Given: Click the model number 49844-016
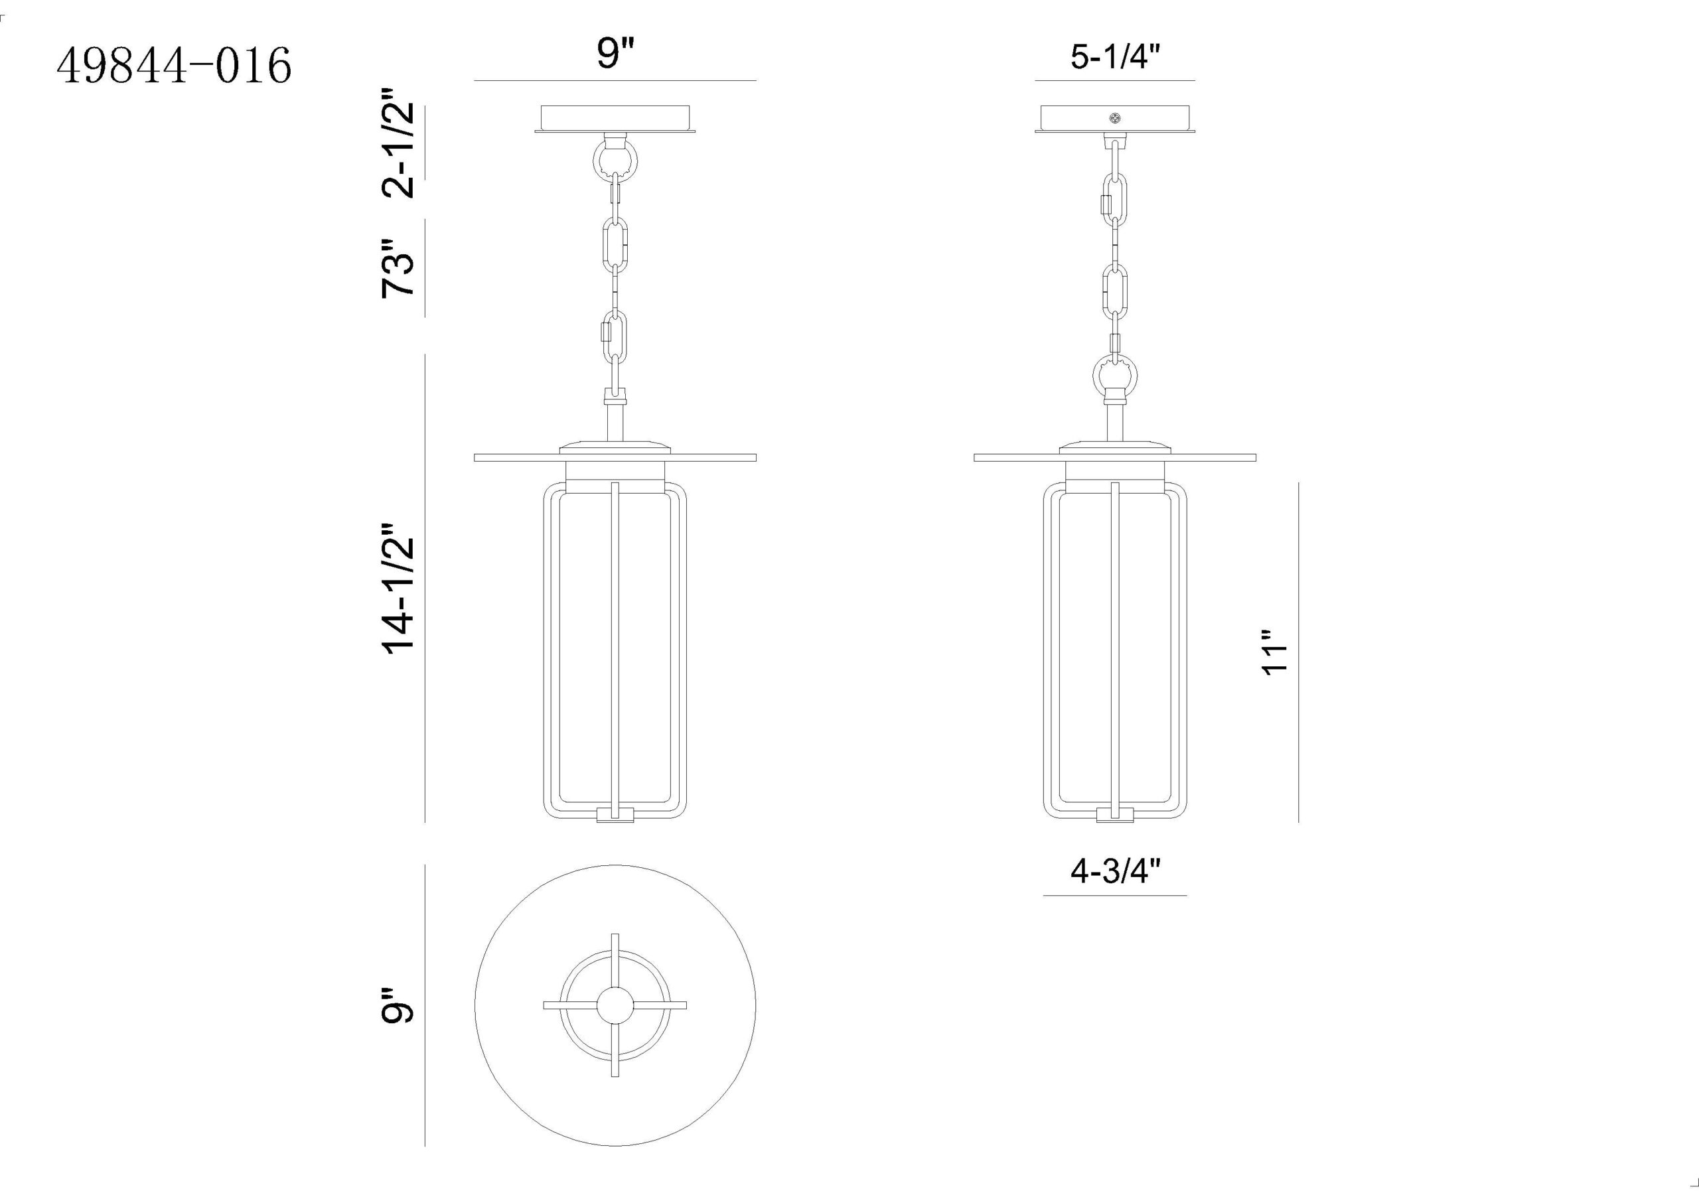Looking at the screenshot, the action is [174, 65].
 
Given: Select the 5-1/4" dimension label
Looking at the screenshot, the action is [1114, 57].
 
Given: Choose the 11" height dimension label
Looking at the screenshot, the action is [1275, 653].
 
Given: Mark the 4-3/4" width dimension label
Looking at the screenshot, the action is [1114, 872].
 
